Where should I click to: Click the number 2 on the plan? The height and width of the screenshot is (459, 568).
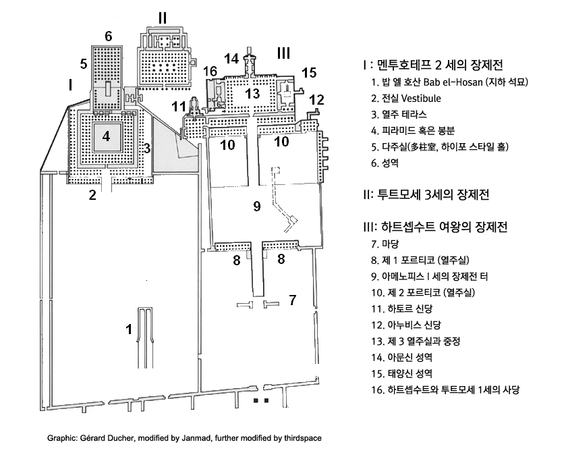pos(92,196)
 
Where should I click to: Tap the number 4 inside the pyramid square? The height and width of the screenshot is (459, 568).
pos(106,136)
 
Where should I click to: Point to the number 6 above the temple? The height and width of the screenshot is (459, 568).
pos(109,35)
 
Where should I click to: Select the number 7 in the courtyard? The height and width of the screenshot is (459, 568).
pos(292,300)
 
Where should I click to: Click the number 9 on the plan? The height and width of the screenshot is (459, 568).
pos(256,207)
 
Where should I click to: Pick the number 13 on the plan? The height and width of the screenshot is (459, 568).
pos(252,93)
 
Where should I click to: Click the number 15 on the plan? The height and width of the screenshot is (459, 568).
pos(309,72)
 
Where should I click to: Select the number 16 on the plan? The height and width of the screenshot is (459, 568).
pos(210,71)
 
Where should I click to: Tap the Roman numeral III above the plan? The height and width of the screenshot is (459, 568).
pos(283,52)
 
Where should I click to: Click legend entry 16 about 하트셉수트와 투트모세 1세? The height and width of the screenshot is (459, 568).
pos(451,389)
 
